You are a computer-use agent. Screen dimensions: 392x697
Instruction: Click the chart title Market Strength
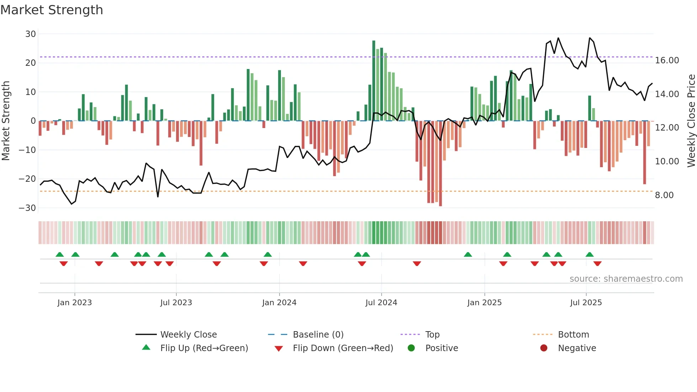(52, 10)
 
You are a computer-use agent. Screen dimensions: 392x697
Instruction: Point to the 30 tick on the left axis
(31, 34)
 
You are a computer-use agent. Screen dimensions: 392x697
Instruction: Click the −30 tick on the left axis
(27, 208)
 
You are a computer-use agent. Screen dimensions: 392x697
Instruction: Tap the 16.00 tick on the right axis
(667, 60)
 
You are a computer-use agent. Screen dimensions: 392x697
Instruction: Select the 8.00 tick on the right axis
(664, 195)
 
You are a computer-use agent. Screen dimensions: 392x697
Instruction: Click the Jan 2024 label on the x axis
(279, 303)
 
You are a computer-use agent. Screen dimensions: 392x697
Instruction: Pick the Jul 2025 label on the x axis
(586, 303)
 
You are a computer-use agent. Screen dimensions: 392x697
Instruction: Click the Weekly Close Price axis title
(691, 121)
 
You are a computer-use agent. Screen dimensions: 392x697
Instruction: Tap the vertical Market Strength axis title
(6, 121)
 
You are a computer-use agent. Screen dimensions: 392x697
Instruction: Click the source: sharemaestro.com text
(626, 279)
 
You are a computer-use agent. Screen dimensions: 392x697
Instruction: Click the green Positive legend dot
(411, 348)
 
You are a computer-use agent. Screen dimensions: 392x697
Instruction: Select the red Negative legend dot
(544, 348)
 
